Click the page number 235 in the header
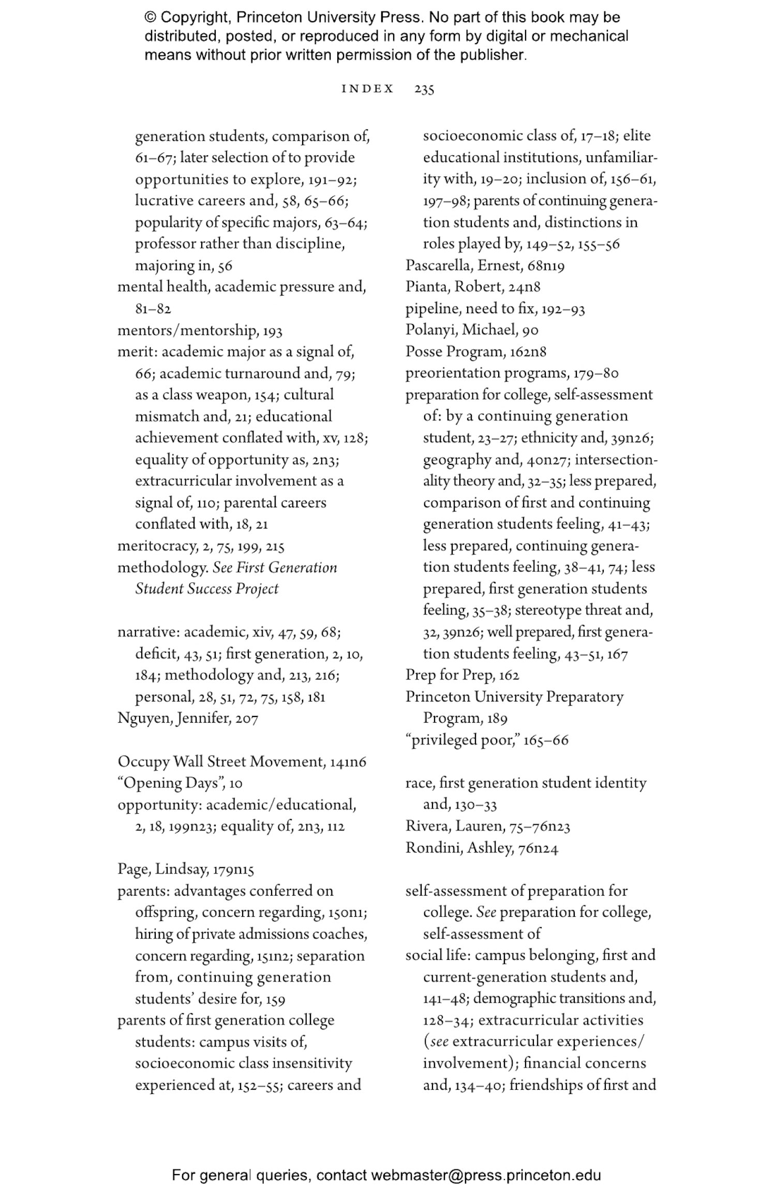(424, 89)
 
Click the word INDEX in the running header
(367, 89)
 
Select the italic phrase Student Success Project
(206, 589)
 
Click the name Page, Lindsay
(162, 869)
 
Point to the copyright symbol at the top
(150, 18)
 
